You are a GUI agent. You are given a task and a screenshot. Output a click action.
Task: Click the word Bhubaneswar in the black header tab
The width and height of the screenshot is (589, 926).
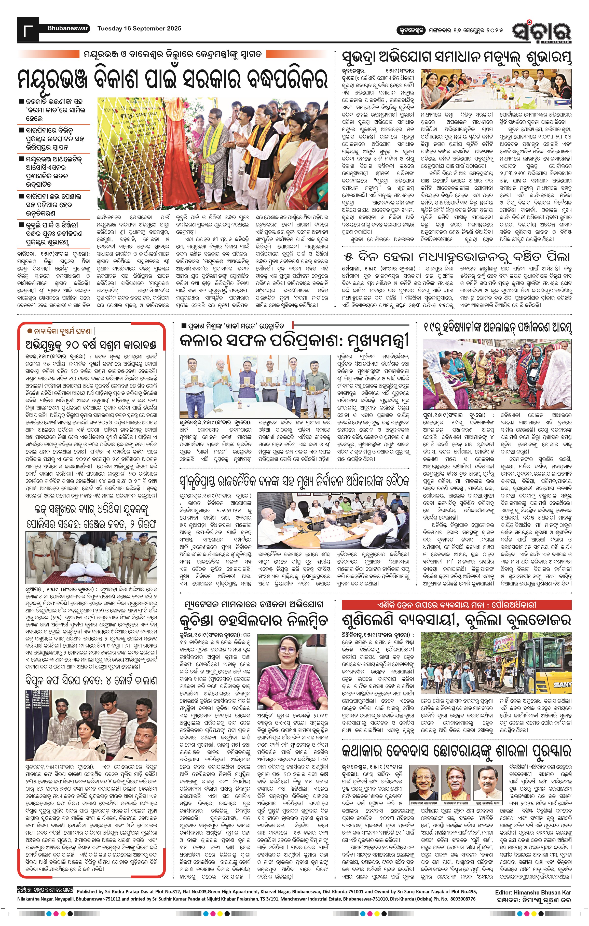click(68, 28)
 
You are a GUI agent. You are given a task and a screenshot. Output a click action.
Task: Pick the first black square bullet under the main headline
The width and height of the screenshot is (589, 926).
click(22, 102)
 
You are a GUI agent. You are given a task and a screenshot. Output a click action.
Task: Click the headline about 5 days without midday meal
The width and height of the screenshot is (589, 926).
click(456, 257)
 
